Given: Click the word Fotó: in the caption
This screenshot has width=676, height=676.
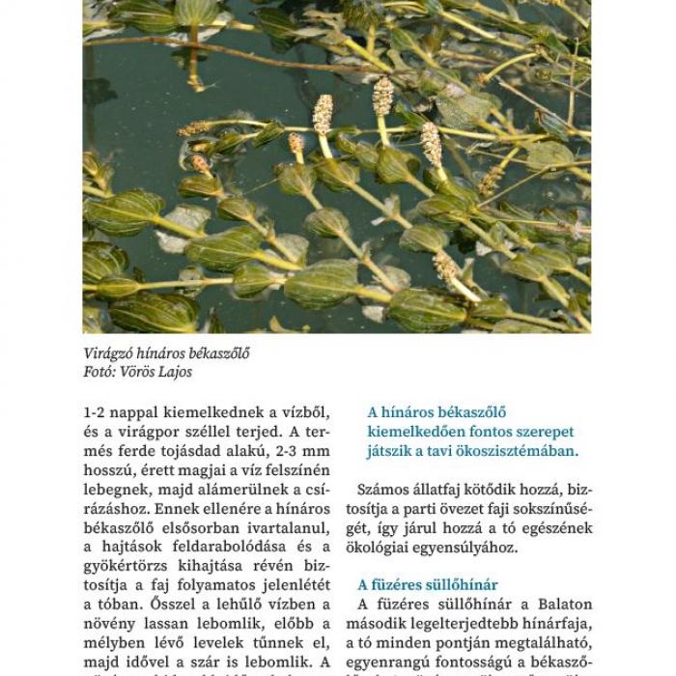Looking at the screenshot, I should pos(101,372).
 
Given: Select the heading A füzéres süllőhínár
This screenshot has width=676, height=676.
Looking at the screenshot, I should pos(428,584).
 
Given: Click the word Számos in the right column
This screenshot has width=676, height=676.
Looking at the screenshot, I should pos(382,490).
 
